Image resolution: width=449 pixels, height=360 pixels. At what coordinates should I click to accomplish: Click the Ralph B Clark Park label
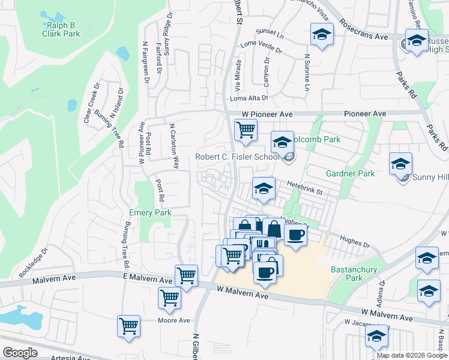point(61,29)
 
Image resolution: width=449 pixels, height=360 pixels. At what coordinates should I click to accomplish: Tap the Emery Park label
point(150,212)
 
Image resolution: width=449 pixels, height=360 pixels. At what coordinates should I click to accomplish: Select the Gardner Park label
point(350,173)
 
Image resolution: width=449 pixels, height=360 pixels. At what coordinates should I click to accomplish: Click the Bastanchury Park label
point(354,274)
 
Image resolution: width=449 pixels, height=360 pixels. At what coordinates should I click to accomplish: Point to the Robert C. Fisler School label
point(237,158)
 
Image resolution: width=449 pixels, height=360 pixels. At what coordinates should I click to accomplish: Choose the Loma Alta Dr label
point(249,98)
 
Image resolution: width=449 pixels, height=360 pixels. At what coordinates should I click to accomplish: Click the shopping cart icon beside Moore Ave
point(129,326)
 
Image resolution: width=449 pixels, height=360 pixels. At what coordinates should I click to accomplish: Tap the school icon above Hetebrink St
point(263,188)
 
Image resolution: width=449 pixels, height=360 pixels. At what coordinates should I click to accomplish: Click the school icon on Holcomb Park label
point(282,142)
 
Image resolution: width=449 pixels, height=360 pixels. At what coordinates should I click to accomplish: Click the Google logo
point(20,352)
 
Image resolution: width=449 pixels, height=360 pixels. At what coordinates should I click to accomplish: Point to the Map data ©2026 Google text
point(411,355)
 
